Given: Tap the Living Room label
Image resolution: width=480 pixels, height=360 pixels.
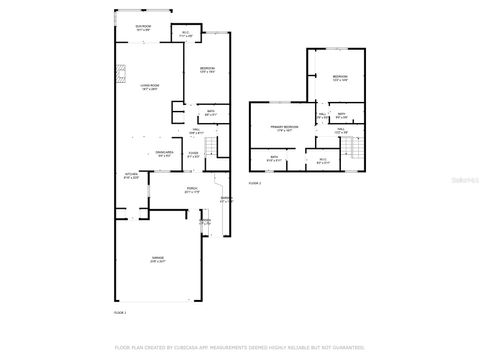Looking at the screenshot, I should coord(150,88).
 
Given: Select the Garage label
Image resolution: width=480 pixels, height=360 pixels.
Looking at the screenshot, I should coord(158,258).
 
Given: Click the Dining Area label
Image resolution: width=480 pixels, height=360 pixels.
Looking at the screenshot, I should coord(165,153).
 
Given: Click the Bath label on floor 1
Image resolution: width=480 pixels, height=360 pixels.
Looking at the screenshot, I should coord(211,112).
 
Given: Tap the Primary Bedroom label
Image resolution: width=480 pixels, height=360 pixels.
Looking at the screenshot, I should coord(284,129).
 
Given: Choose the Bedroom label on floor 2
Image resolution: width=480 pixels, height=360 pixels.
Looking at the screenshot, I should coord(340,78).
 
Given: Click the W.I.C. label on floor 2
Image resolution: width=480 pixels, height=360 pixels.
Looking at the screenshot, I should coord(322,159).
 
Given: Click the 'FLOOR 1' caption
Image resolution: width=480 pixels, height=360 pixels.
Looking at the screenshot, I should coord(121,313).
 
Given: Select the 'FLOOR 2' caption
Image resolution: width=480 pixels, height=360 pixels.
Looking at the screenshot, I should coord(255,183).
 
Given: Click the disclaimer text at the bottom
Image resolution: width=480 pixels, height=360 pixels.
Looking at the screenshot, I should coord(240,347).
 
